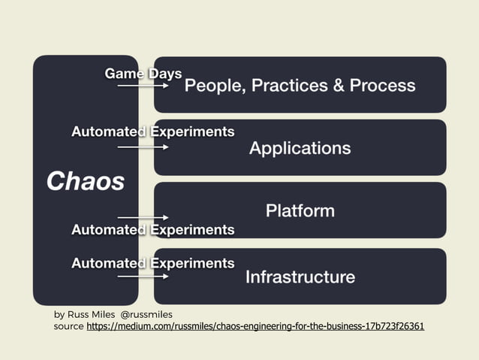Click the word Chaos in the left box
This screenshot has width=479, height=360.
click(85, 181)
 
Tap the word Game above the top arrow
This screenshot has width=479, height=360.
click(124, 74)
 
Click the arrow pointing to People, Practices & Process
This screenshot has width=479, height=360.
click(143, 86)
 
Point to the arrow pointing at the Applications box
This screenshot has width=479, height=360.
click(143, 147)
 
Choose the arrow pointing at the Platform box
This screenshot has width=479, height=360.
click(143, 217)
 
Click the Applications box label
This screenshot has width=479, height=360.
click(300, 147)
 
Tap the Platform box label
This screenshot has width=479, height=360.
click(300, 210)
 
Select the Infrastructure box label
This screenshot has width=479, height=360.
click(300, 277)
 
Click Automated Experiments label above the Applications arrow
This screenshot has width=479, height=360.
click(152, 132)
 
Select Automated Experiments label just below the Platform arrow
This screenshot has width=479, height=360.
click(152, 229)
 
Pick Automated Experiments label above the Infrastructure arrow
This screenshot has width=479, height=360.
click(152, 263)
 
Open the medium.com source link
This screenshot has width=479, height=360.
click(255, 327)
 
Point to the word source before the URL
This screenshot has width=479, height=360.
click(68, 327)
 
